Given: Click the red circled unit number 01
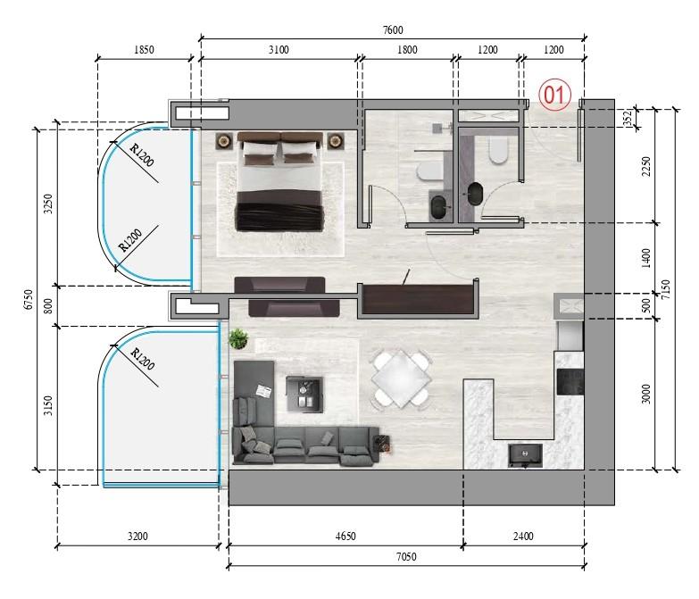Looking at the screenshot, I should click(x=554, y=96).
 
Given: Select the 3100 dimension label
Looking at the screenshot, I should click(x=279, y=51).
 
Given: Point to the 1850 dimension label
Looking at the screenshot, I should click(x=144, y=51).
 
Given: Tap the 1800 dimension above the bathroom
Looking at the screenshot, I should click(x=407, y=51).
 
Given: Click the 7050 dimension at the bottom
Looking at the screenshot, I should click(x=406, y=557).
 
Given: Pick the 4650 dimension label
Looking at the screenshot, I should click(x=345, y=537).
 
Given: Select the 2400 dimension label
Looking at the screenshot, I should click(x=523, y=537).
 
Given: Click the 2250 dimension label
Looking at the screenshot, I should click(x=646, y=167).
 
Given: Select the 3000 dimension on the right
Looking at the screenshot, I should click(x=646, y=394).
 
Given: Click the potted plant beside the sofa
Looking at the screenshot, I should click(x=237, y=338).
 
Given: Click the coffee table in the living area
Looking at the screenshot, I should click(x=304, y=394).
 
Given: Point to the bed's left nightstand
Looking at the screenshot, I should click(x=224, y=140).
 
